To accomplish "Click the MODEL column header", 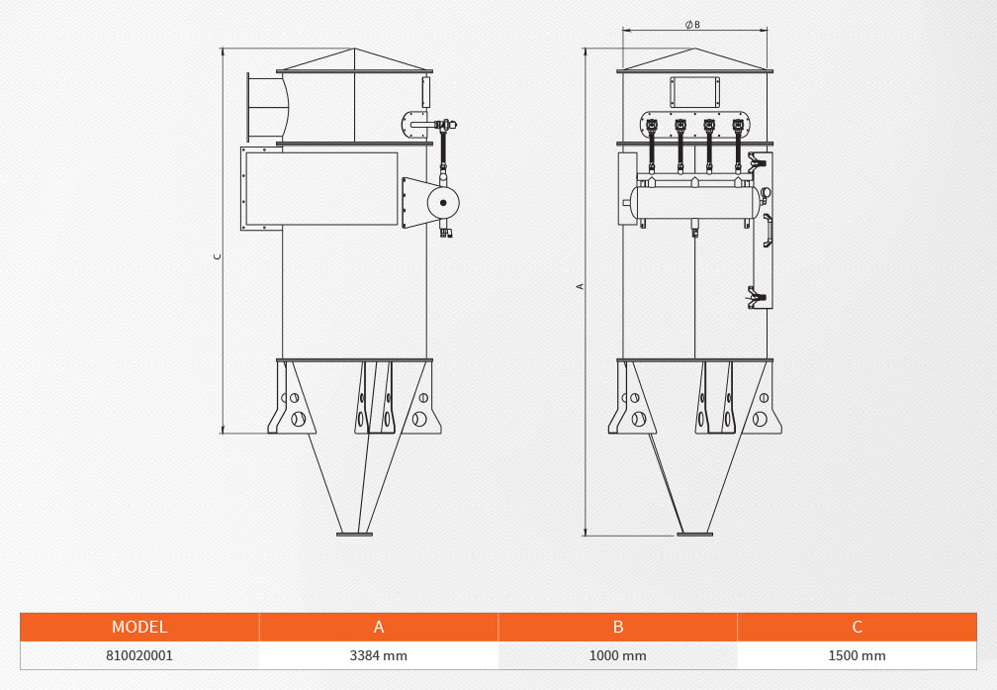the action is tap(139, 627).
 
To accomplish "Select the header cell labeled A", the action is tap(379, 627).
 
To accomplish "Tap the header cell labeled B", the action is tap(618, 627).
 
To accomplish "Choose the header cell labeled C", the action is tap(858, 627).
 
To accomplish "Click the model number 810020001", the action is tap(139, 655).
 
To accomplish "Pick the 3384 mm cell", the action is tap(378, 655).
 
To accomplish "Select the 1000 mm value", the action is tap(617, 655).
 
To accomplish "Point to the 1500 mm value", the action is tap(857, 655).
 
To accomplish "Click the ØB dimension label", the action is tap(692, 24).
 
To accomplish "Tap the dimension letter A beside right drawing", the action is tap(580, 286).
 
